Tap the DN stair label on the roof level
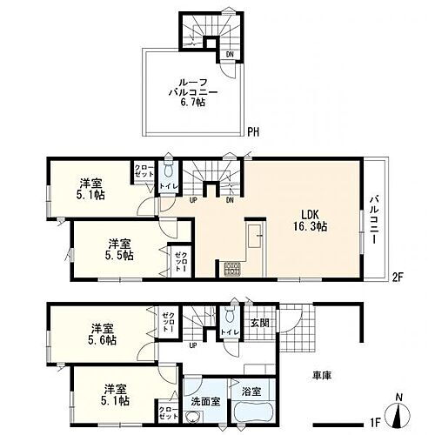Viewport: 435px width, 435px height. pos(229,54)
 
